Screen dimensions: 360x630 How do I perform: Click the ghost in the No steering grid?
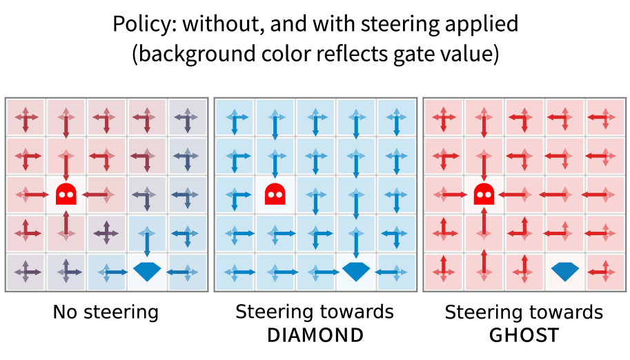[66, 194]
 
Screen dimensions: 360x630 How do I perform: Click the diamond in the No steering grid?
[146, 271]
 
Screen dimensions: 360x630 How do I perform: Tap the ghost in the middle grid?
[275, 194]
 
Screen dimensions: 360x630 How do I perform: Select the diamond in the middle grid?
[355, 271]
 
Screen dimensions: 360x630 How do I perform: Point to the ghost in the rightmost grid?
[484, 194]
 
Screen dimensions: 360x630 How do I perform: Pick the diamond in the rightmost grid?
[564, 271]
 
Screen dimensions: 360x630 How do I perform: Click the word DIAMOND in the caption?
[315, 335]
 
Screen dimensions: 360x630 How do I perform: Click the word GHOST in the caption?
[524, 335]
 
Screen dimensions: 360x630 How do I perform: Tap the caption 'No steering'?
[106, 312]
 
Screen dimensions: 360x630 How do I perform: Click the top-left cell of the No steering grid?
[26, 118]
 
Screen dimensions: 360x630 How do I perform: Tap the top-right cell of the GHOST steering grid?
[604, 118]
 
